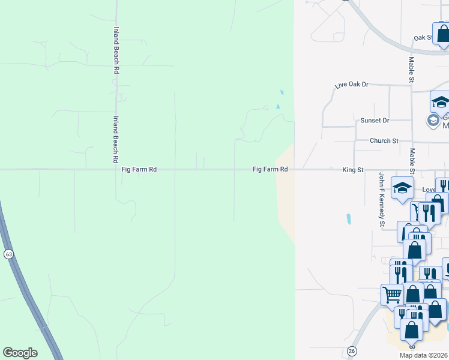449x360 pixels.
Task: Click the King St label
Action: click(x=353, y=170)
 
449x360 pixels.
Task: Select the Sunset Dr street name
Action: click(x=375, y=121)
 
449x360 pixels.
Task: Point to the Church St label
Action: click(x=384, y=141)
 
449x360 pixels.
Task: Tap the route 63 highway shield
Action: click(x=8, y=254)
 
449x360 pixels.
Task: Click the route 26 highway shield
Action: click(x=352, y=350)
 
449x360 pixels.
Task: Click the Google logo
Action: click(x=20, y=353)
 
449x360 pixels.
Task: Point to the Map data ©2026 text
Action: click(x=424, y=355)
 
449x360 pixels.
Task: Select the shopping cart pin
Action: click(x=392, y=294)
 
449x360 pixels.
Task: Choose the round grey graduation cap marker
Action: click(x=433, y=121)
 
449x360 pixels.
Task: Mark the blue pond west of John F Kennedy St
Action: click(x=349, y=219)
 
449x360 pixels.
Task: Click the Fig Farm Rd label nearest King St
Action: click(x=270, y=170)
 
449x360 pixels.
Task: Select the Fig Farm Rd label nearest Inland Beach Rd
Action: click(x=139, y=170)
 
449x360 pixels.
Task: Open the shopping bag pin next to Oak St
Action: click(x=442, y=34)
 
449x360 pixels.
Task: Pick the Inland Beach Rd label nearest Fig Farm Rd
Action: click(x=115, y=140)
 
